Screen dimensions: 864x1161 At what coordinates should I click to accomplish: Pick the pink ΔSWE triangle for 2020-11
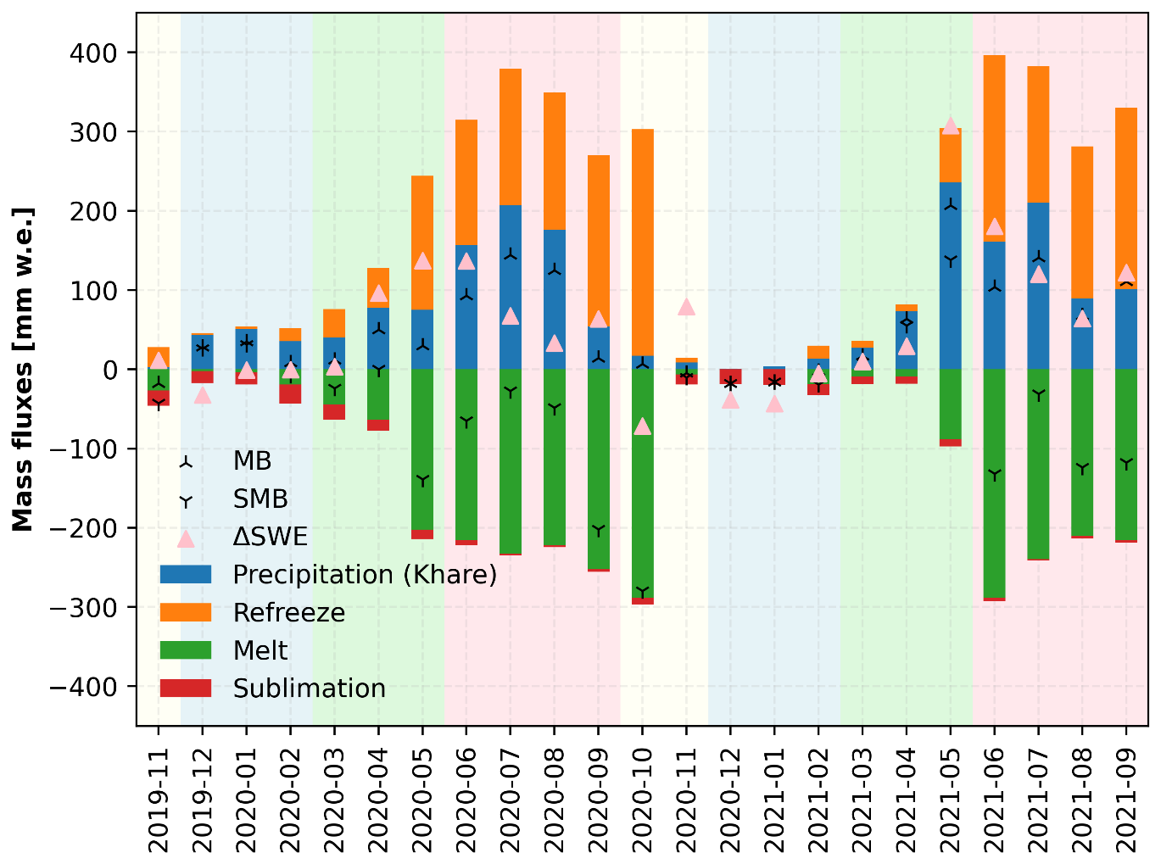coord(687,307)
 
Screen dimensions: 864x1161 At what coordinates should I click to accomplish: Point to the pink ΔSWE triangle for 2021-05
coord(950,125)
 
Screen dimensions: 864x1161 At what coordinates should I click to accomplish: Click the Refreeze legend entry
coord(289,613)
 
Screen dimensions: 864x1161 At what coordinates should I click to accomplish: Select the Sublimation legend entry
coord(309,688)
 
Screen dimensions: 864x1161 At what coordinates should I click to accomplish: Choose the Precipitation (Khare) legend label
coord(365,575)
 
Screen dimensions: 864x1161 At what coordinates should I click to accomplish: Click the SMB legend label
coord(260,499)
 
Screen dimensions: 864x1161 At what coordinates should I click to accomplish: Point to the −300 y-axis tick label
coord(87,607)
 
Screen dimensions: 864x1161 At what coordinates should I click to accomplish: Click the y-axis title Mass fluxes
coord(23,370)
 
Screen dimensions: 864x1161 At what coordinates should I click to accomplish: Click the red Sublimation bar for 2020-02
coord(290,393)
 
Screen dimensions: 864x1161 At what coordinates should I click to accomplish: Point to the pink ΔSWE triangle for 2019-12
coord(203,395)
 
